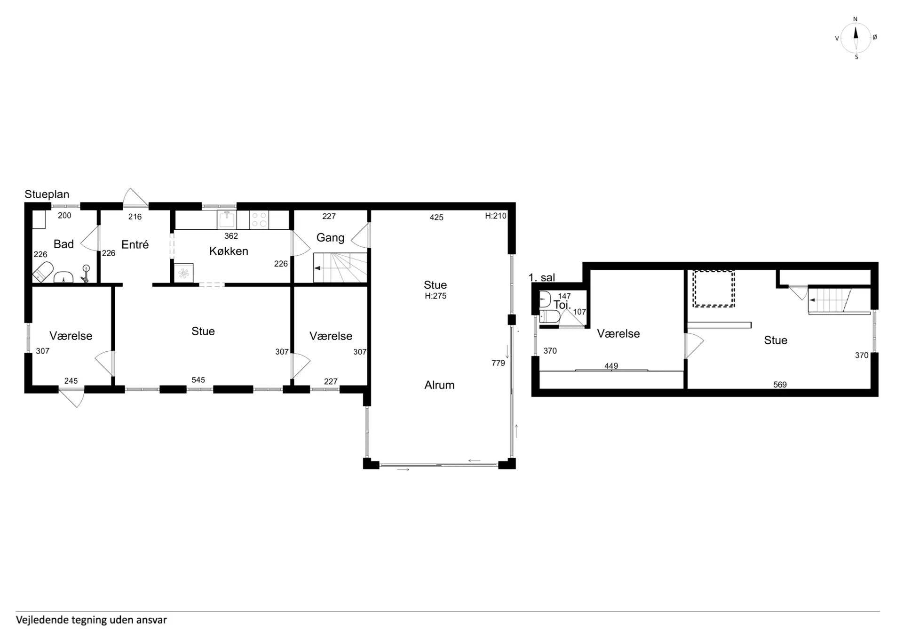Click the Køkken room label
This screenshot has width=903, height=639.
pyautogui.click(x=229, y=251)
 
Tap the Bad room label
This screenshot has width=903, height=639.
pyautogui.click(x=63, y=244)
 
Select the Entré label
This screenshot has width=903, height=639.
pyautogui.click(x=135, y=244)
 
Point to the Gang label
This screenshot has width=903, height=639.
pyautogui.click(x=330, y=238)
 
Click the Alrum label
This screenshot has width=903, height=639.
pyautogui.click(x=439, y=385)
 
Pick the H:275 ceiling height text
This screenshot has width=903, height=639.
pyautogui.click(x=436, y=296)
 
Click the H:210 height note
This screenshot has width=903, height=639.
pyautogui.click(x=496, y=216)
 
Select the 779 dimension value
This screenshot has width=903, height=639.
pyautogui.click(x=498, y=363)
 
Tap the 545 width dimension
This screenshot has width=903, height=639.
pyautogui.click(x=198, y=380)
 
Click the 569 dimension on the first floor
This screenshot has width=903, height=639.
pyautogui.click(x=780, y=385)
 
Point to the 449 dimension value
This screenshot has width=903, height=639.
pyautogui.click(x=611, y=366)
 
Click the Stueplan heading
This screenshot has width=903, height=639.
pyautogui.click(x=47, y=194)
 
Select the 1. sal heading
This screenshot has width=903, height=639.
pyautogui.click(x=542, y=277)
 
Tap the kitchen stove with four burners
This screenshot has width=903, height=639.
pyautogui.click(x=259, y=220)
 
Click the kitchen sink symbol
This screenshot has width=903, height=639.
pyautogui.click(x=227, y=220)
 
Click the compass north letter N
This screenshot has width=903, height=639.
pyautogui.click(x=855, y=19)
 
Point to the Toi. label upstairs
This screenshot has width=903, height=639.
pyautogui.click(x=562, y=305)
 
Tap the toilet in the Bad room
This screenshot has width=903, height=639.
pyautogui.click(x=42, y=272)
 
